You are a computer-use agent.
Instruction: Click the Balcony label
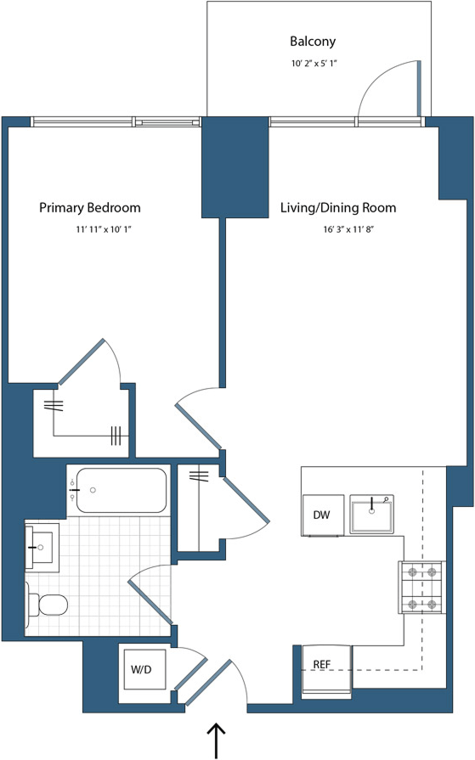click(313, 41)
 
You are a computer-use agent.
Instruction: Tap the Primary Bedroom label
click(90, 207)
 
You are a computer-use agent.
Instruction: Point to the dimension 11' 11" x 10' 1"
click(104, 229)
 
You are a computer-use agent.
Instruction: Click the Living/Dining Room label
click(338, 207)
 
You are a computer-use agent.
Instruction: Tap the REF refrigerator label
click(321, 664)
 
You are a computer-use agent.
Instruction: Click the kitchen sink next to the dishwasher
click(372, 515)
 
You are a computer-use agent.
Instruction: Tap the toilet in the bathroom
click(48, 605)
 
